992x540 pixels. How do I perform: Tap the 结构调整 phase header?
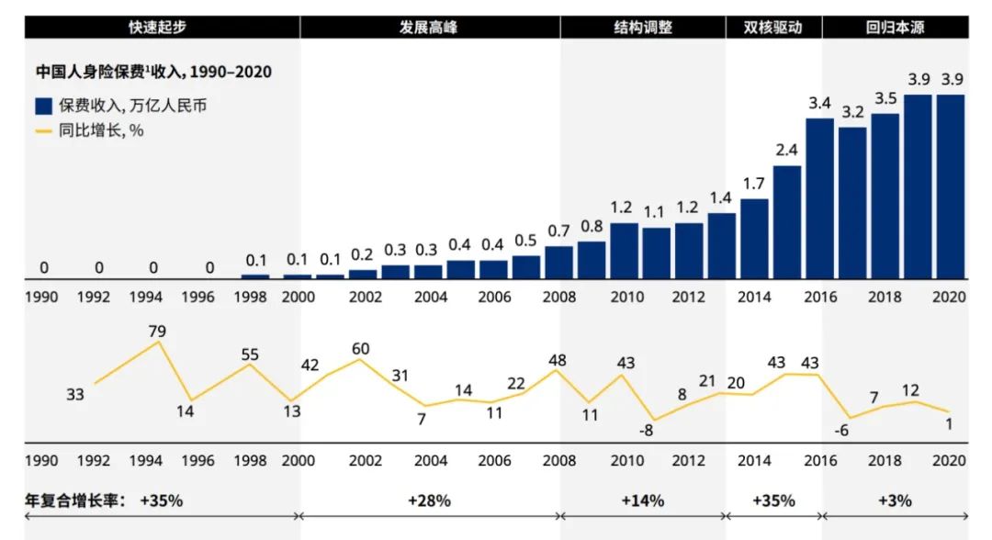tap(643, 27)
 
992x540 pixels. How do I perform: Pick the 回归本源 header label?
tap(895, 27)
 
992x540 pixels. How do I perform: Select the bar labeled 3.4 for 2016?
tap(819, 197)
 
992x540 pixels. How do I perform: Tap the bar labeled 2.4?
tap(787, 221)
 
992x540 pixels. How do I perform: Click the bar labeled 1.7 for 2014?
tap(754, 238)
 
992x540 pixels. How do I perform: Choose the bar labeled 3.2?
tap(851, 202)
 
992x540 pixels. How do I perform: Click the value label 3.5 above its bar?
tap(885, 98)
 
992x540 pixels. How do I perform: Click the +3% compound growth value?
tap(895, 501)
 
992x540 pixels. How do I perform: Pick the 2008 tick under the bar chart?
tap(558, 298)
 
